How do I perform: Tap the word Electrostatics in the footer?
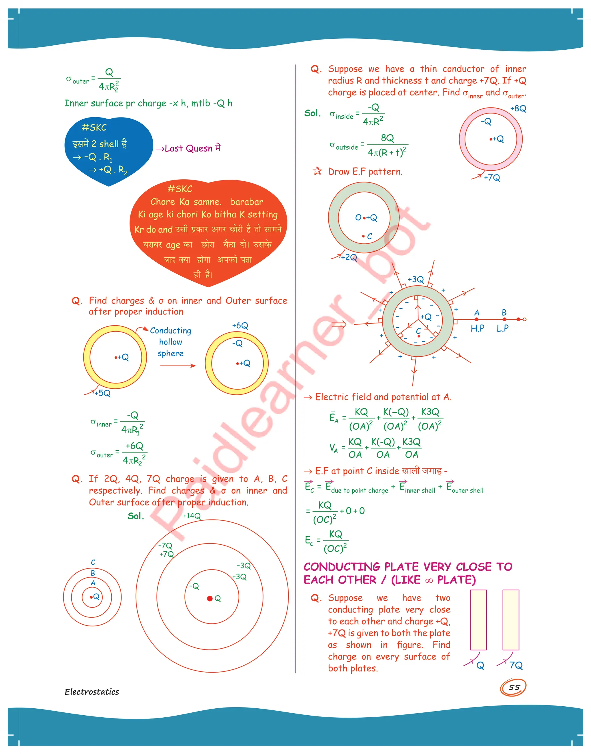(92, 692)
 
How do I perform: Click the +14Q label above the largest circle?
(192, 516)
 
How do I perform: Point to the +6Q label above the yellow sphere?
(240, 325)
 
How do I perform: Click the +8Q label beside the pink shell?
(518, 109)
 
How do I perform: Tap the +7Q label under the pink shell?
(492, 178)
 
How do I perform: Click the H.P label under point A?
(477, 328)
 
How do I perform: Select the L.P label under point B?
(503, 328)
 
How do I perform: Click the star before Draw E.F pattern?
(317, 171)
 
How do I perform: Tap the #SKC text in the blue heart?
(94, 127)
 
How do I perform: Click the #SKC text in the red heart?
(180, 189)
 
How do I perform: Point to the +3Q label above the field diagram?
(416, 279)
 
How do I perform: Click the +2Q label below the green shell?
(349, 257)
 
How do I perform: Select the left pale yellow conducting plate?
(478, 620)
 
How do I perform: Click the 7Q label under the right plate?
(516, 665)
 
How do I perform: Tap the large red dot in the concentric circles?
(210, 599)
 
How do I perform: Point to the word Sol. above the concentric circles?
(136, 516)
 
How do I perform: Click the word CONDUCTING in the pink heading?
(342, 567)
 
